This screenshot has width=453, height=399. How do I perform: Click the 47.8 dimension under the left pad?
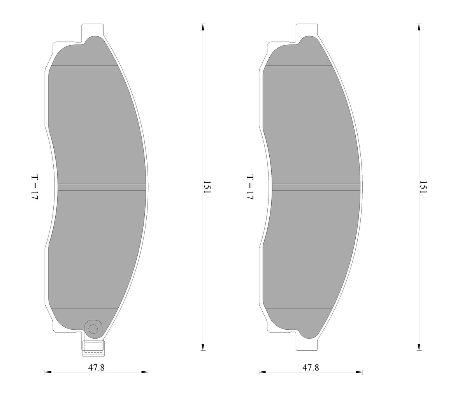pyautogui.click(x=96, y=367)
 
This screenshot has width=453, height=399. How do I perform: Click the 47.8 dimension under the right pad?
pyautogui.click(x=311, y=367)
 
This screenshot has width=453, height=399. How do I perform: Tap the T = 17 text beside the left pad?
pyautogui.click(x=35, y=187)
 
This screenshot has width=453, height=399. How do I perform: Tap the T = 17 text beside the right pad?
pyautogui.click(x=250, y=187)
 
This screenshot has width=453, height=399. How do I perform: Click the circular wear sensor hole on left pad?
pyautogui.click(x=93, y=329)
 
